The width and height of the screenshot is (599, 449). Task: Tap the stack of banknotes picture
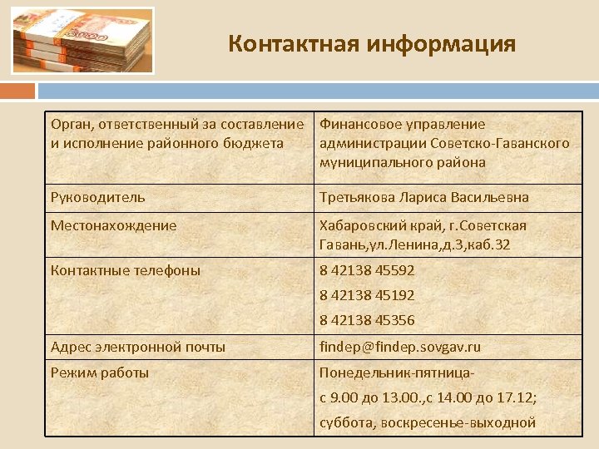click(x=82, y=41)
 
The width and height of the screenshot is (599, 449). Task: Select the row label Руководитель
click(x=98, y=197)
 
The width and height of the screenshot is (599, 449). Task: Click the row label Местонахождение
click(x=113, y=225)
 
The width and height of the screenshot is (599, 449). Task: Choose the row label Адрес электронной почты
click(x=138, y=347)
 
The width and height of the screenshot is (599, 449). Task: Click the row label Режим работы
click(x=100, y=373)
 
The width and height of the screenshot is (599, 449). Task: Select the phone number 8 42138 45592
click(x=367, y=270)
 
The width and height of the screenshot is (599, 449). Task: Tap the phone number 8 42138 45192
click(x=367, y=295)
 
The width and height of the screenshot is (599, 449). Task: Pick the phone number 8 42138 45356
click(x=367, y=320)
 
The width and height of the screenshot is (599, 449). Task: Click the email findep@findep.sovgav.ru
click(x=400, y=347)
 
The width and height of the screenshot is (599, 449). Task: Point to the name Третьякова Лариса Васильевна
click(x=424, y=197)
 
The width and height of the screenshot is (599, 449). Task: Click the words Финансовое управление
click(x=402, y=125)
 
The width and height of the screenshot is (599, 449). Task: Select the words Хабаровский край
click(x=371, y=225)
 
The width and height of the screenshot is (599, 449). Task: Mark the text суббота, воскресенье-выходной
click(x=428, y=422)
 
